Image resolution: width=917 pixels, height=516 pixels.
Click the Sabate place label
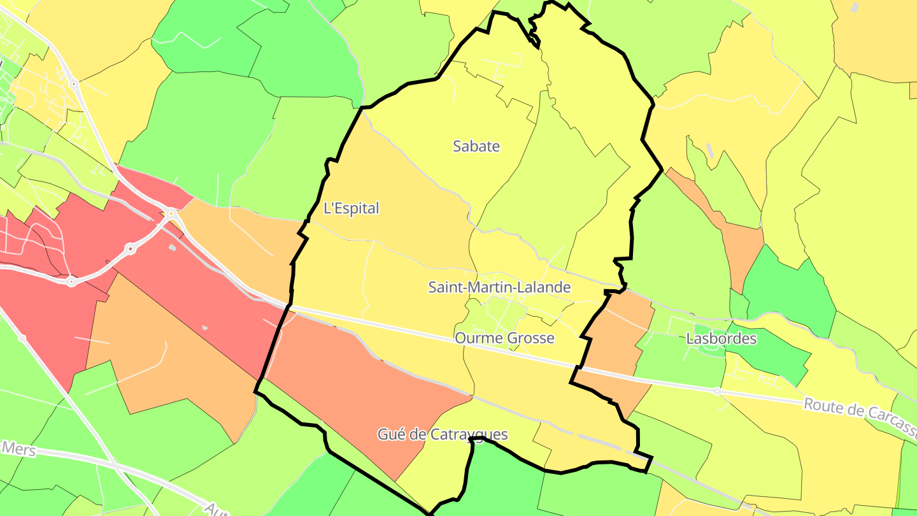[476, 146]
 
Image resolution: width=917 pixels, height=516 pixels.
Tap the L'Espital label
[351, 208]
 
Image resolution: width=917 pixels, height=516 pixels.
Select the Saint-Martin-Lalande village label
[499, 287]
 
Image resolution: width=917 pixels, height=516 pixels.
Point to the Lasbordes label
[721, 338]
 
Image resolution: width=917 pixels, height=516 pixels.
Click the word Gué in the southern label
[390, 434]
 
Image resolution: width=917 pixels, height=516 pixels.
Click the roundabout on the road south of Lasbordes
[717, 391]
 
